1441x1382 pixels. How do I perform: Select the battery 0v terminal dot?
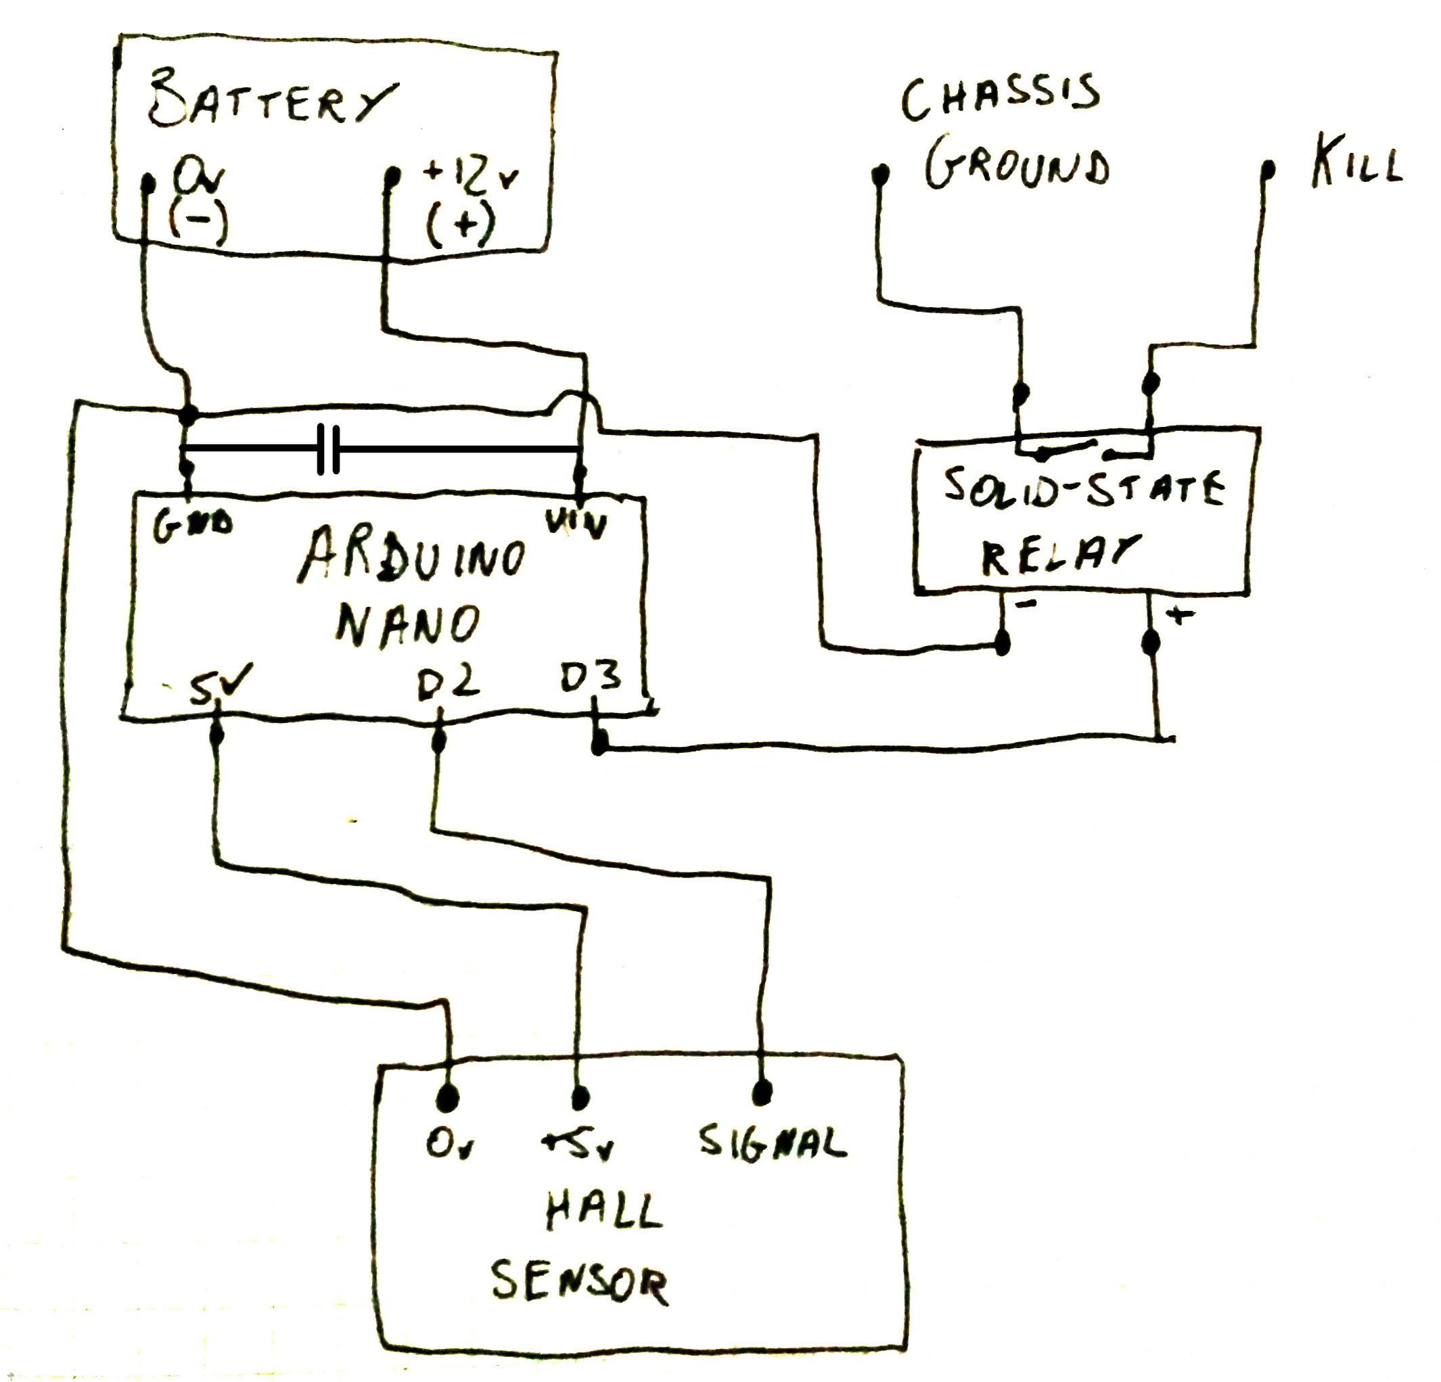(x=147, y=181)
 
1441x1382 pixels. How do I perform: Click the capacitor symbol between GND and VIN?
(x=328, y=448)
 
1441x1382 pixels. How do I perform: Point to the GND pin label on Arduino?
(x=193, y=524)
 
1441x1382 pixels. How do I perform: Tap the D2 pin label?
(x=448, y=681)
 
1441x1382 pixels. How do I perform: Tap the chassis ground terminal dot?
(x=879, y=175)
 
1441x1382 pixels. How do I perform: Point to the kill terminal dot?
(x=1268, y=170)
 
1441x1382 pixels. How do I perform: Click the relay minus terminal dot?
(x=1002, y=643)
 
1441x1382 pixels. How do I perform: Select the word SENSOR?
(x=579, y=1283)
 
